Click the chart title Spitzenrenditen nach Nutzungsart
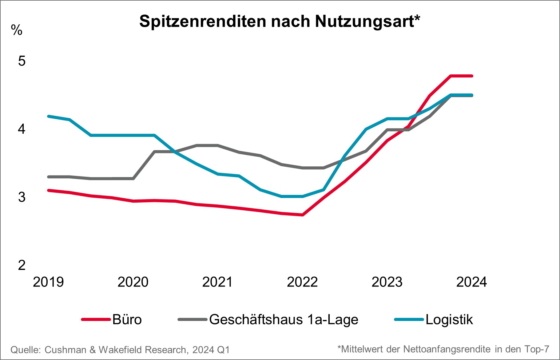click(280, 21)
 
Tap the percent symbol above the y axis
click(17, 30)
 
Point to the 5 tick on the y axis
click(22, 61)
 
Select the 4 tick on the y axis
click(22, 129)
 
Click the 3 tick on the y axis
click(22, 197)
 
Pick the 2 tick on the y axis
click(22, 265)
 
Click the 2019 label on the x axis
click(48, 282)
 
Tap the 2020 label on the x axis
click(133, 282)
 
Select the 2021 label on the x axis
click(217, 282)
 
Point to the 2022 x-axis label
click(302, 282)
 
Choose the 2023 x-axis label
click(387, 282)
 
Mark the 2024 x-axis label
click(471, 282)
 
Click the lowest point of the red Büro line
click(303, 215)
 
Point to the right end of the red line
click(472, 76)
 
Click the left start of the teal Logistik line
click(49, 116)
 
